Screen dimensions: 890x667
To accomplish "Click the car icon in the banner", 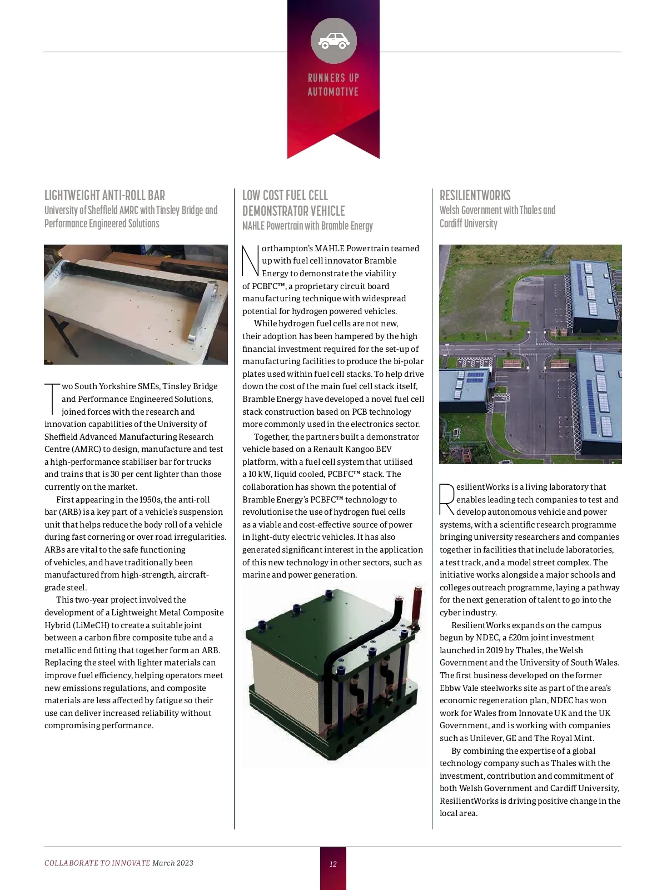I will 333,41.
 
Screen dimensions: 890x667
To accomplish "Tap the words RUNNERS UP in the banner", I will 333,78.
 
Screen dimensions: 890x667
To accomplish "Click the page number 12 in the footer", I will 333,864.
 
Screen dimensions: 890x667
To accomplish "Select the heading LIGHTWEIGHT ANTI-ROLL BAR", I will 104,196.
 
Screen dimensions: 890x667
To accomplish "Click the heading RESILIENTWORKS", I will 475,196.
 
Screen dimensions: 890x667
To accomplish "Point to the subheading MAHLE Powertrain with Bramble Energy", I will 307,226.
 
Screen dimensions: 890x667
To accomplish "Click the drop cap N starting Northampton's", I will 251,261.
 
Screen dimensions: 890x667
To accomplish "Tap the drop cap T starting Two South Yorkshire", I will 52,398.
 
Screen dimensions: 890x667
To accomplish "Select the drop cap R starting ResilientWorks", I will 447,499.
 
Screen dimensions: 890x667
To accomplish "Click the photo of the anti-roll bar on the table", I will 136,304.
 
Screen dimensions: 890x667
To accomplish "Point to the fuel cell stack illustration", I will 332,675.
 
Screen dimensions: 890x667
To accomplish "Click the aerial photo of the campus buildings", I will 530,354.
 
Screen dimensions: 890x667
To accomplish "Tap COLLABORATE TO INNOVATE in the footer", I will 97,863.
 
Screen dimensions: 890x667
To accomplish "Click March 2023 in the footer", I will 173,863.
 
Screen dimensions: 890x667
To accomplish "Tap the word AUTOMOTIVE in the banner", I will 333,92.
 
